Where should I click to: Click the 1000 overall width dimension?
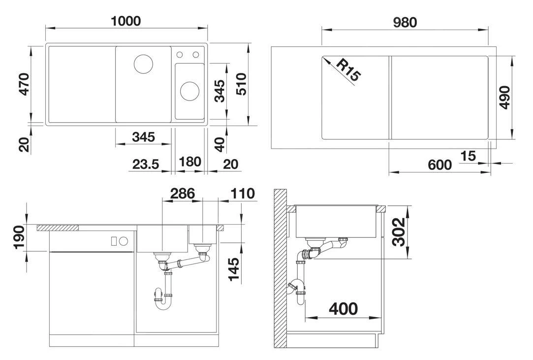126,21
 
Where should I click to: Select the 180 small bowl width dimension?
190,162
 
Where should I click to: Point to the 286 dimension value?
183,194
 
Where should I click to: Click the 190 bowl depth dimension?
20,237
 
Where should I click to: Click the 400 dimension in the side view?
344,309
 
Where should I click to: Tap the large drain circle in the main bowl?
143,64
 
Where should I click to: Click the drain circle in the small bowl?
189,90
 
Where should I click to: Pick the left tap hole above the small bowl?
180,54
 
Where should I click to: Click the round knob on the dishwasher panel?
124,241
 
